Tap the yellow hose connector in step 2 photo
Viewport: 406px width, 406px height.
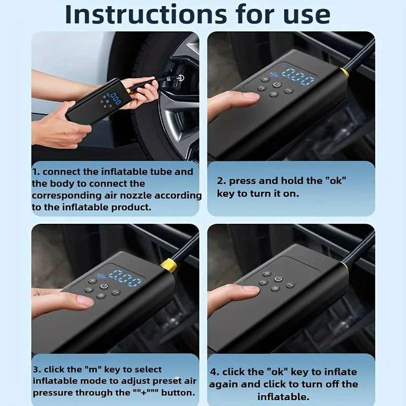(345, 73)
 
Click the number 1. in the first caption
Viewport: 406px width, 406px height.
(38, 172)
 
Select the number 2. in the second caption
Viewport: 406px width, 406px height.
(222, 181)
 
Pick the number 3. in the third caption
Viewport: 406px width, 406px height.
(38, 369)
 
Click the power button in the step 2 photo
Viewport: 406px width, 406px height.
(277, 85)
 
